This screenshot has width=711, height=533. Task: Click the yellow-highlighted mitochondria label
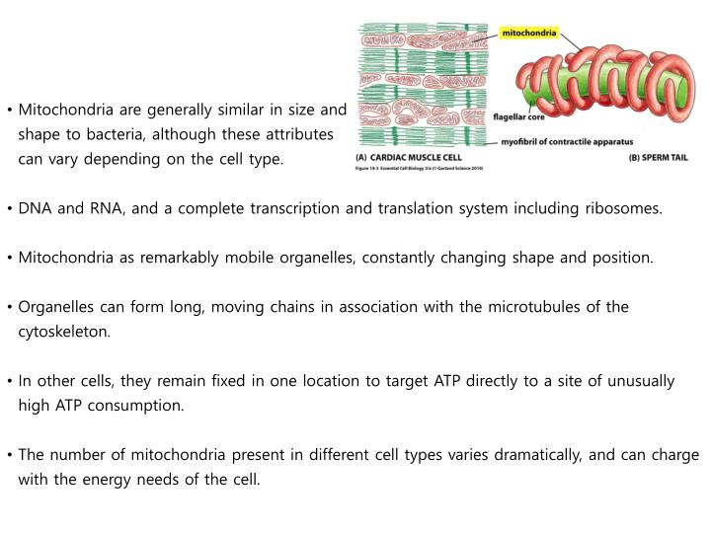click(x=530, y=33)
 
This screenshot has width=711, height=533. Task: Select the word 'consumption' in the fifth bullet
click(x=142, y=406)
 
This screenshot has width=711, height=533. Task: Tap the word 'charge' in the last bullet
click(x=675, y=455)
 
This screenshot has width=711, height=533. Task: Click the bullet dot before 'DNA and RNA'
click(x=9, y=209)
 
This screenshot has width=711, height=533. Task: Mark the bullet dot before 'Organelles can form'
click(x=9, y=308)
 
